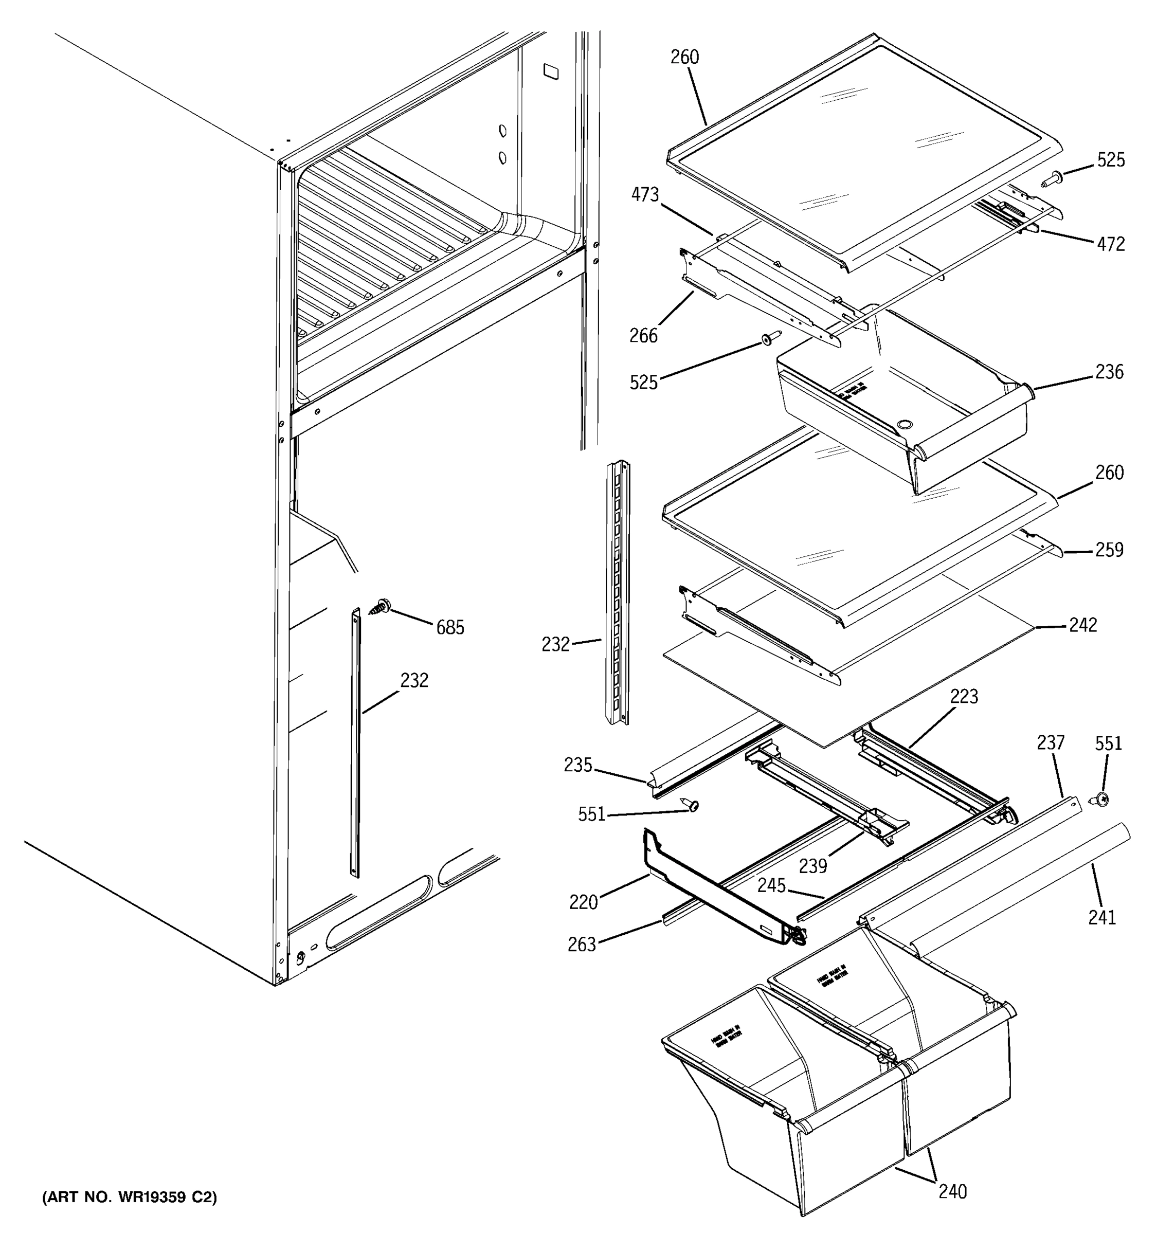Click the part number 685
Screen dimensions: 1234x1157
tap(450, 628)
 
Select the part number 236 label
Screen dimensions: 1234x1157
tap(1109, 372)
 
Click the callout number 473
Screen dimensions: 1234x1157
tap(645, 195)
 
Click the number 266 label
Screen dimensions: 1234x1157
tap(643, 336)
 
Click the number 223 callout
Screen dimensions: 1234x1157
tap(963, 697)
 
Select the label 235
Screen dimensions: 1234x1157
tap(578, 766)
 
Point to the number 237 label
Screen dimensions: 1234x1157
tap(1050, 742)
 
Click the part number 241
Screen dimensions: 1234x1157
tap(1102, 917)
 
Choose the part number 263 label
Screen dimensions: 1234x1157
tap(582, 945)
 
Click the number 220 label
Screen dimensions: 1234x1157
tap(584, 902)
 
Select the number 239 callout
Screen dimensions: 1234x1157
tap(813, 866)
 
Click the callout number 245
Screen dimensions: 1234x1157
tap(771, 886)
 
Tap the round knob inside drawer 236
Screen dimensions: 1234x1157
tap(905, 425)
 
